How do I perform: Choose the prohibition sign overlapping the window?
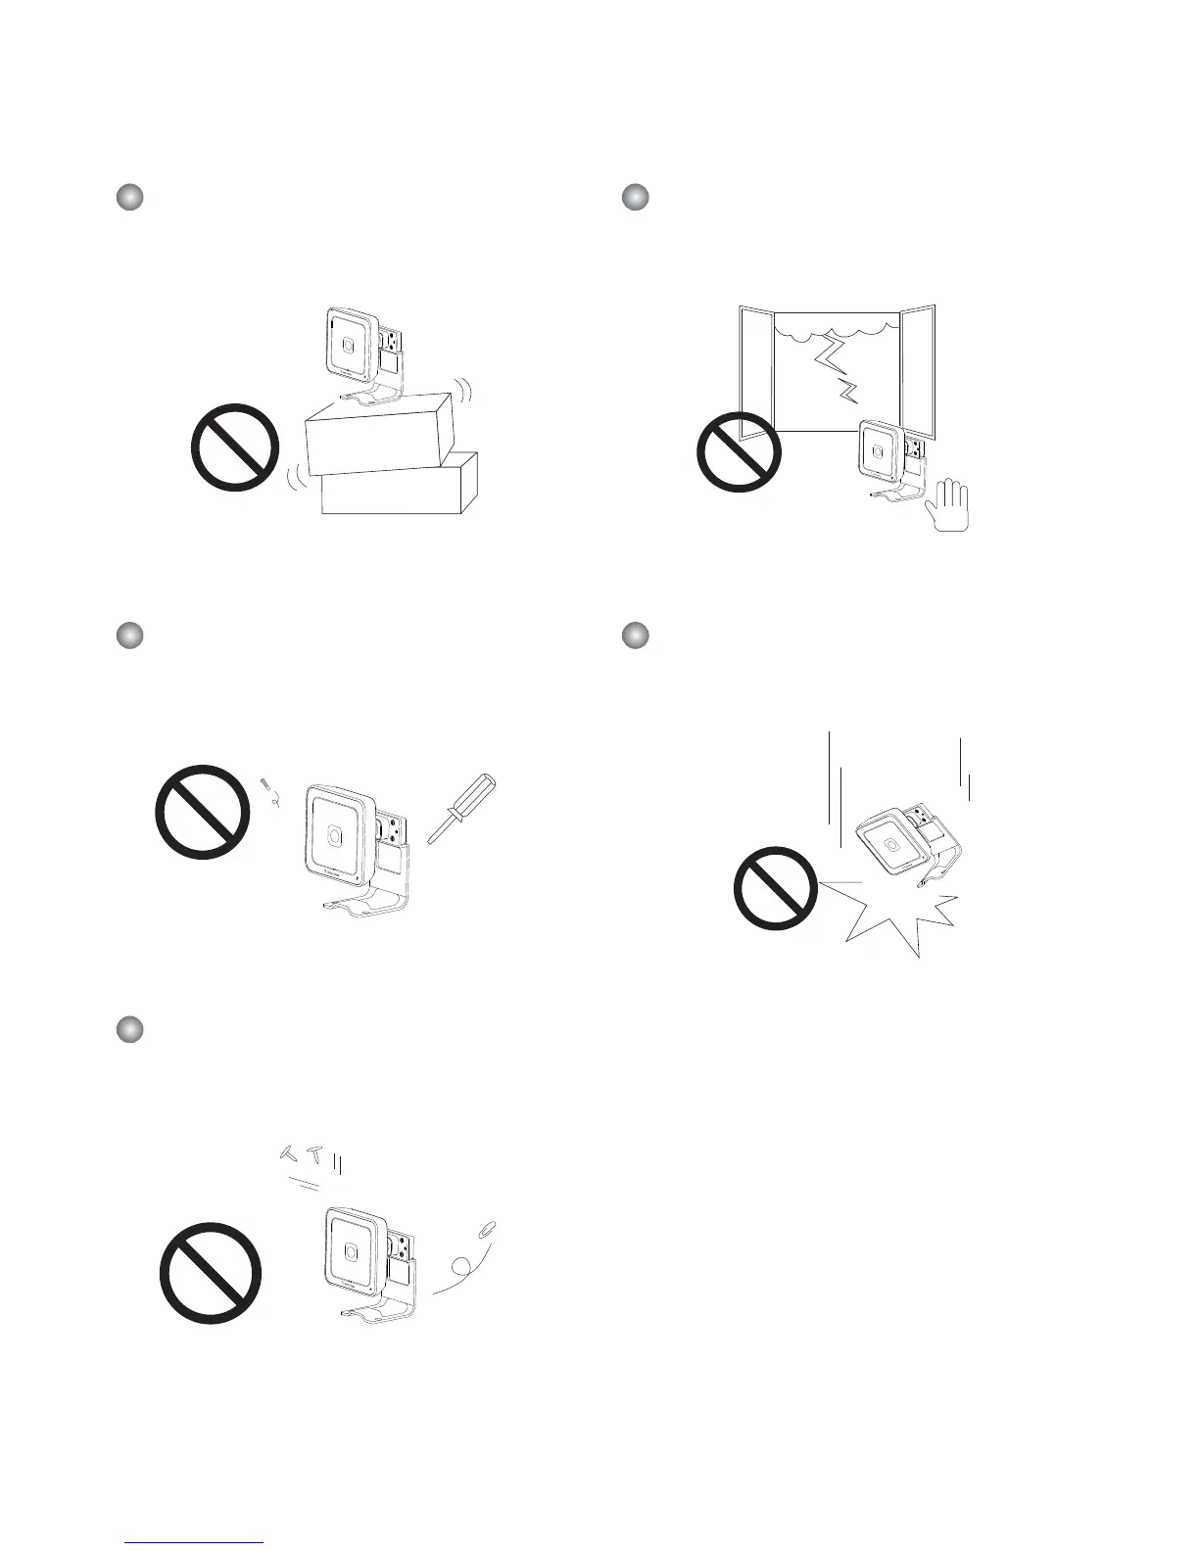tap(740, 448)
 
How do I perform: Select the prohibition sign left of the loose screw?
tap(203, 812)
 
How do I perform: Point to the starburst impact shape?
tap(891, 916)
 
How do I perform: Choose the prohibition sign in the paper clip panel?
tap(211, 1274)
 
